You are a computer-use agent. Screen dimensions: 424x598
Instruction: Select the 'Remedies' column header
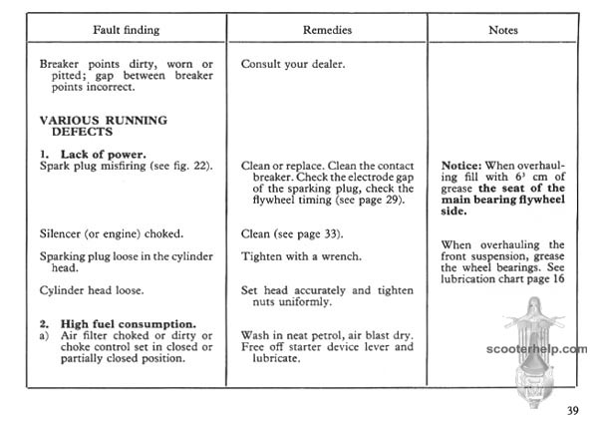[328, 30]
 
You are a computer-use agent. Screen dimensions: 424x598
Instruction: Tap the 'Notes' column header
[502, 30]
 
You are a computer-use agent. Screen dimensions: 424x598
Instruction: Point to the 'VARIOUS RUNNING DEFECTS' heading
[103, 126]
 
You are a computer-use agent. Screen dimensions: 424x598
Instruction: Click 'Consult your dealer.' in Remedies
[293, 64]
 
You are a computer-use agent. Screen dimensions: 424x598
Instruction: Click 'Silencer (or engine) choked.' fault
[111, 233]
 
